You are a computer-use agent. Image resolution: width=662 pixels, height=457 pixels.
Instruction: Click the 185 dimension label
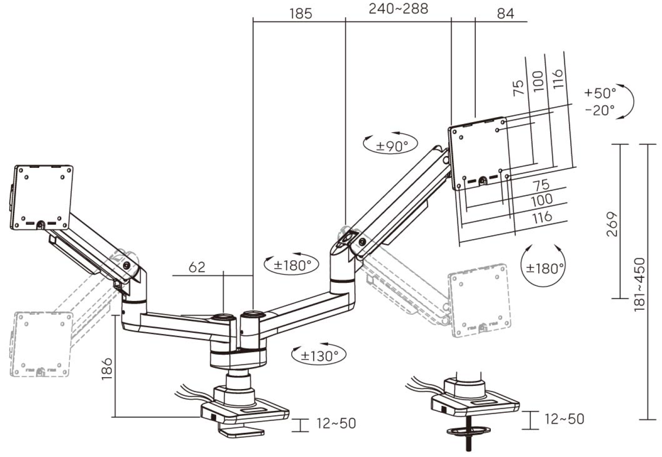pyautogui.click(x=300, y=14)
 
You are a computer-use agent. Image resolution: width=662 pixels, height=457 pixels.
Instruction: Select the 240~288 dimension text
pyautogui.click(x=399, y=9)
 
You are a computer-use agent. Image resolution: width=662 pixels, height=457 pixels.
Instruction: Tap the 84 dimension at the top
pyautogui.click(x=506, y=14)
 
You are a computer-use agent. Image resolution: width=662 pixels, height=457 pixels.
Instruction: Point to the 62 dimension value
pyautogui.click(x=197, y=267)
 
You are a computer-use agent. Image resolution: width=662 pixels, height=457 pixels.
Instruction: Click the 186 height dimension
pyautogui.click(x=107, y=369)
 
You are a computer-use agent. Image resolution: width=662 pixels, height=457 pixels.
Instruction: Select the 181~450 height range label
pyautogui.click(x=640, y=284)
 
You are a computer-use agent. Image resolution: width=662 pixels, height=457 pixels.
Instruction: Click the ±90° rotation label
pyautogui.click(x=392, y=146)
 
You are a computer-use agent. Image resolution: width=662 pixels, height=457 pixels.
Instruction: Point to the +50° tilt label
pyautogui.click(x=600, y=93)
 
